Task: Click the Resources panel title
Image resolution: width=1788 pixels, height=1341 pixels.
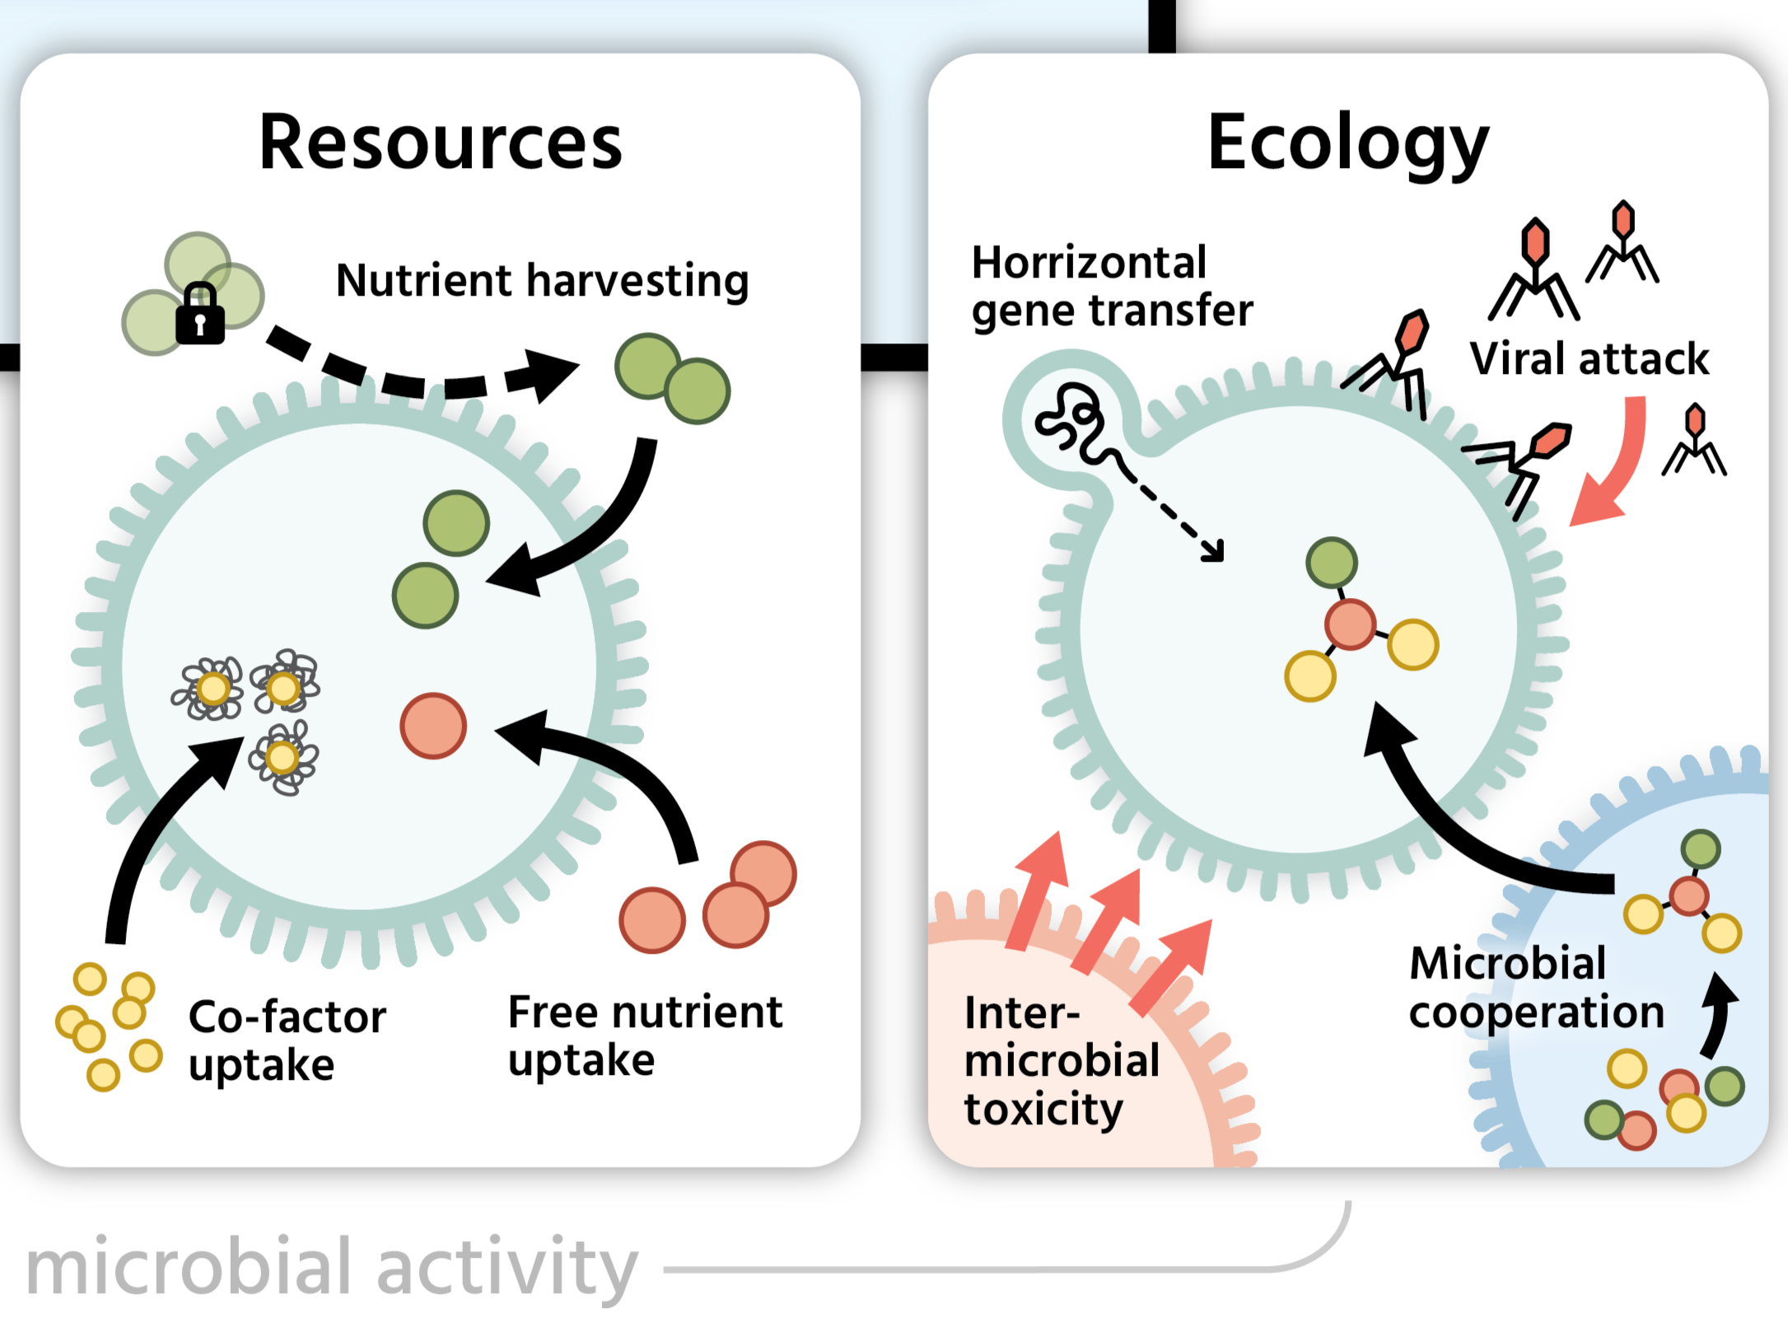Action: click(441, 143)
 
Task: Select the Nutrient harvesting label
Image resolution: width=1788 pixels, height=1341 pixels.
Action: click(542, 281)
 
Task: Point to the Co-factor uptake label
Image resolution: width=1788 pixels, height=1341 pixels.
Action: click(287, 1040)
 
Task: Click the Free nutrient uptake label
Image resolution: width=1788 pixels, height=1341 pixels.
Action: click(645, 1035)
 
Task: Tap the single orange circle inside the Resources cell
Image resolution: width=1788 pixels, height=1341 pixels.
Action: click(433, 726)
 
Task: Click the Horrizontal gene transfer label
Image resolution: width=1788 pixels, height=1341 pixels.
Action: click(1111, 286)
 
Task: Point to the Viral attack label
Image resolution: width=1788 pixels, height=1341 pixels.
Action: click(1589, 359)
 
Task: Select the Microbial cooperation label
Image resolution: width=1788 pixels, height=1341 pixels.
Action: click(1536, 988)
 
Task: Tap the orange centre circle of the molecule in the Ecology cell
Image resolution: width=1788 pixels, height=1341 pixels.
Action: click(1350, 624)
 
